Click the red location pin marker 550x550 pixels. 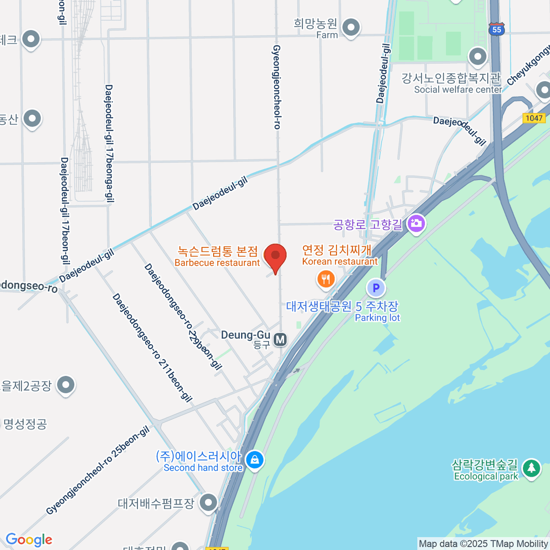[x=275, y=256]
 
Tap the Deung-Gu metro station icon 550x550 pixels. [x=280, y=340]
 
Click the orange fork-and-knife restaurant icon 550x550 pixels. [x=326, y=278]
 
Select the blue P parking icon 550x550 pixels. [x=376, y=288]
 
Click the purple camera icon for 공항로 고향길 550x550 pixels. [x=416, y=224]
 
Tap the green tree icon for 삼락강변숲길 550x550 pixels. [x=531, y=468]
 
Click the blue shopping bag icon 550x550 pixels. [x=254, y=459]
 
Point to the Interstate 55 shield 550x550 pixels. [x=497, y=29]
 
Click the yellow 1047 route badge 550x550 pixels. [x=534, y=118]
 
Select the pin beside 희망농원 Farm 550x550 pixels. [x=351, y=27]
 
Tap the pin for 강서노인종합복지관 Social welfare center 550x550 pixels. [x=478, y=57]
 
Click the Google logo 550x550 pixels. [x=29, y=540]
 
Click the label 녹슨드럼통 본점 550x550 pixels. [x=218, y=251]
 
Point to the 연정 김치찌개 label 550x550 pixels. [x=336, y=250]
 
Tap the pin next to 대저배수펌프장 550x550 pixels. [x=209, y=502]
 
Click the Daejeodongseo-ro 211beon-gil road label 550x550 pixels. [x=152, y=348]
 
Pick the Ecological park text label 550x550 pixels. [x=486, y=477]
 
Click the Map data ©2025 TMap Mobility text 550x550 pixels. [x=484, y=544]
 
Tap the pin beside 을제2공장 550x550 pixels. [x=66, y=385]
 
